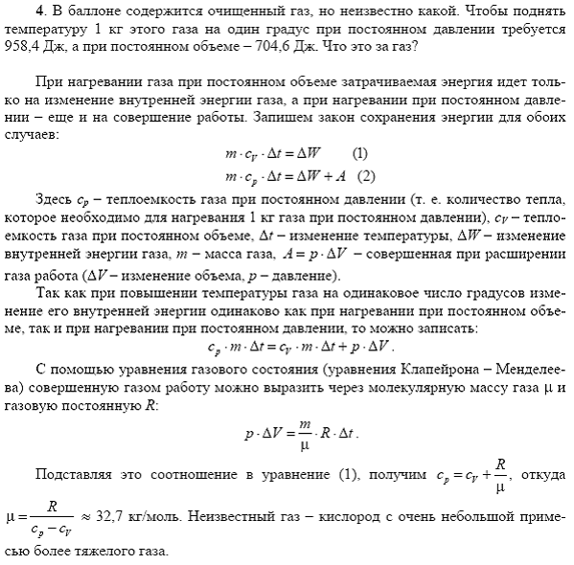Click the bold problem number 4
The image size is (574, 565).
point(38,11)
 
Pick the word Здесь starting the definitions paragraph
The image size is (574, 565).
point(54,199)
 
